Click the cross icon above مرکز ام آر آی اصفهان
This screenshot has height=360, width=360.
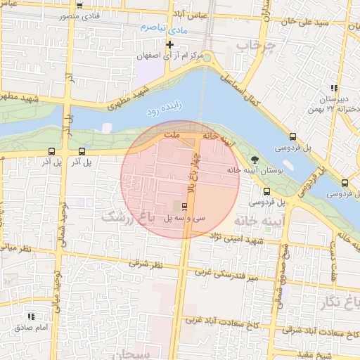169,44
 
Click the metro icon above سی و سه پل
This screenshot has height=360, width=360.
185,207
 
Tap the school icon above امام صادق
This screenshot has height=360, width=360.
31,316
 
